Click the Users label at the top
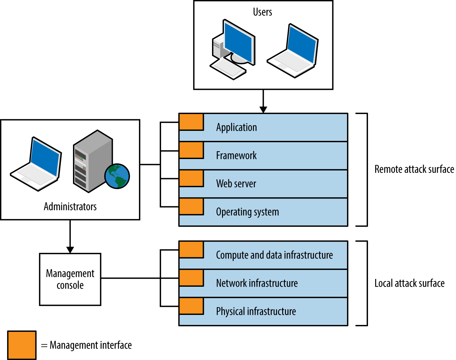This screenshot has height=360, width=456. (262, 12)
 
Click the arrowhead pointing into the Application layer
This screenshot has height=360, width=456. (263, 110)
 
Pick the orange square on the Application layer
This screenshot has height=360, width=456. (191, 122)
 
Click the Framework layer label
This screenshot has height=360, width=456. (236, 156)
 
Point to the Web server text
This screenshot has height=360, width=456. (236, 184)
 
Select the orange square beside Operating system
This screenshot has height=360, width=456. (191, 207)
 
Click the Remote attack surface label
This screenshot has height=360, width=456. (414, 169)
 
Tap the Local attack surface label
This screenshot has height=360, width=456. (409, 283)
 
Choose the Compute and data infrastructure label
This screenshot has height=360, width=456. (274, 255)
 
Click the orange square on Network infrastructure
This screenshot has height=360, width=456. (191, 278)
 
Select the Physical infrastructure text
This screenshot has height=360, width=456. (256, 311)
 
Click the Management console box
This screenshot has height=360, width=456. (70, 279)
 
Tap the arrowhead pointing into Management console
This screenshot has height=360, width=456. (70, 249)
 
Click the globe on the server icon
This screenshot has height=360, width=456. (117, 176)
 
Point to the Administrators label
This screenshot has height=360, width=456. (70, 207)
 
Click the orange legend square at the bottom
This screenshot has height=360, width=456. (22, 345)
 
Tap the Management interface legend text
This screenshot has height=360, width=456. (91, 345)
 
